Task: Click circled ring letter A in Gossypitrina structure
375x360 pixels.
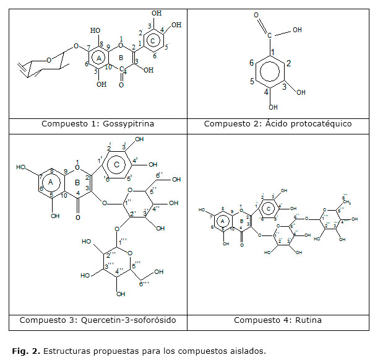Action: (99, 58)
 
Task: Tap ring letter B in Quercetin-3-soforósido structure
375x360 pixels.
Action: (77, 182)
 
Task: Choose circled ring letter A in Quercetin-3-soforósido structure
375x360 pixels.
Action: (54, 182)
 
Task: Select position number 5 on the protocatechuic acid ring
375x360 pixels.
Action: (251, 81)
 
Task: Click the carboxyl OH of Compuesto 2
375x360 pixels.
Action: (298, 29)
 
